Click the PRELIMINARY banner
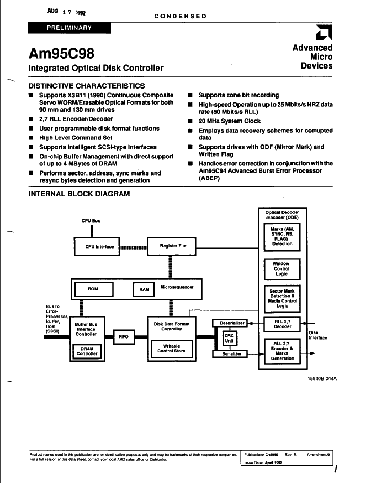point(69,28)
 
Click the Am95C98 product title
point(61,53)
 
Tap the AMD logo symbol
point(324,33)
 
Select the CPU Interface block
point(97,247)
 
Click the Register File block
point(172,246)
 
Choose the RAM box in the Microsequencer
point(144,289)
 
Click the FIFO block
point(124,337)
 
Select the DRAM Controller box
point(87,351)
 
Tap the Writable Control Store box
point(171,348)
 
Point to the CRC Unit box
point(229,338)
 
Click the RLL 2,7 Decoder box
point(282,324)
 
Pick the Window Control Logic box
point(282,269)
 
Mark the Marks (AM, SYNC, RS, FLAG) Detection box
point(282,237)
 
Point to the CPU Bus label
point(91,221)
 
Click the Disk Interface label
point(318,335)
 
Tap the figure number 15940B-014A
point(322,379)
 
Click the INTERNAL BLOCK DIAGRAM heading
point(79,194)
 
